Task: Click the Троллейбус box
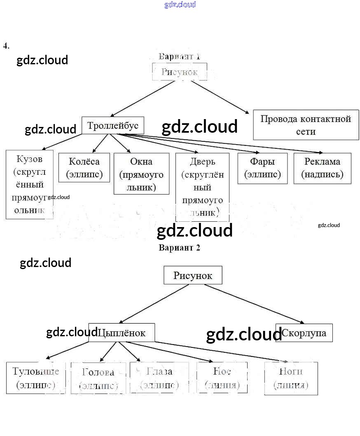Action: click(113, 126)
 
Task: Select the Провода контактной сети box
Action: click(306, 125)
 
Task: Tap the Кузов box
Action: click(29, 184)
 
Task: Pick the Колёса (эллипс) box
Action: click(84, 167)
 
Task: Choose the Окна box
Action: click(141, 173)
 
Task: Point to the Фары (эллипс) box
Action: click(262, 168)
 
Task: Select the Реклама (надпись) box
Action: click(322, 168)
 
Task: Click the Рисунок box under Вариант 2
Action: click(193, 275)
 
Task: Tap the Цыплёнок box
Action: click(122, 333)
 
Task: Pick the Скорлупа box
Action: click(304, 333)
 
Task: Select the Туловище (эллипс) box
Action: click(36, 377)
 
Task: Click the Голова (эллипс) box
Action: click(98, 378)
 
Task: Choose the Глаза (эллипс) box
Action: click(159, 377)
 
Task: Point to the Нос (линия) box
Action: click(222, 377)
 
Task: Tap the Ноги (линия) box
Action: click(291, 378)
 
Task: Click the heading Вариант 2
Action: click(179, 248)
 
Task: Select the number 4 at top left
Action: click(6, 45)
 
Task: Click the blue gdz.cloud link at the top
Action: click(180, 5)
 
